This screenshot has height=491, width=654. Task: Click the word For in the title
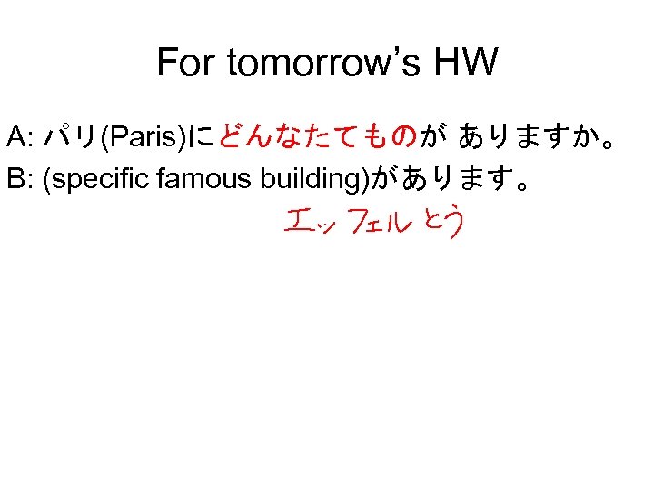(186, 64)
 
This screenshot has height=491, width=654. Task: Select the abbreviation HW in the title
(465, 64)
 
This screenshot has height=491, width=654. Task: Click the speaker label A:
(20, 137)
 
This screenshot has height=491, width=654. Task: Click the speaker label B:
(20, 179)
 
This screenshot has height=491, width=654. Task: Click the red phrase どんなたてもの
(317, 137)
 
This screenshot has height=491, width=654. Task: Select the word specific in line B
(101, 179)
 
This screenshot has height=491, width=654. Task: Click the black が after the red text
(432, 137)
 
